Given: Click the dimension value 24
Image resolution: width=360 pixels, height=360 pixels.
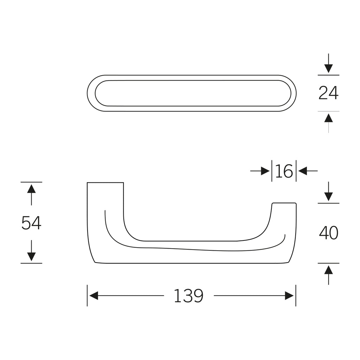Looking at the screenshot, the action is [x=328, y=93].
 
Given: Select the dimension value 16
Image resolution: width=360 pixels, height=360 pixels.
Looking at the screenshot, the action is [x=284, y=171].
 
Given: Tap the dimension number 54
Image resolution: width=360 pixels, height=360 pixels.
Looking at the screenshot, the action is [x=31, y=223].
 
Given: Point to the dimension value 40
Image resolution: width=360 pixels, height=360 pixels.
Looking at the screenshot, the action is [x=329, y=233].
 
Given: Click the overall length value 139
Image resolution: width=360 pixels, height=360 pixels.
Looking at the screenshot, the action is [x=188, y=296].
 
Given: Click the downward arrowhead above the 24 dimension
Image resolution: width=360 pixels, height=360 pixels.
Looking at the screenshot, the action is [x=329, y=69].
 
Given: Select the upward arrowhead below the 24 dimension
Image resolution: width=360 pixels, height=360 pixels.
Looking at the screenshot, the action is [x=329, y=118].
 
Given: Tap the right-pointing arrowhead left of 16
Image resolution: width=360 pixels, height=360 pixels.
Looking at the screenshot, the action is [x=265, y=171].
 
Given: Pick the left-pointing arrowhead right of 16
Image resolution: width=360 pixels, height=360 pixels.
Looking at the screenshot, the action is [x=303, y=171].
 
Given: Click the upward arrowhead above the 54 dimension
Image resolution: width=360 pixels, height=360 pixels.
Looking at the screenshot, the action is [x=31, y=188].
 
